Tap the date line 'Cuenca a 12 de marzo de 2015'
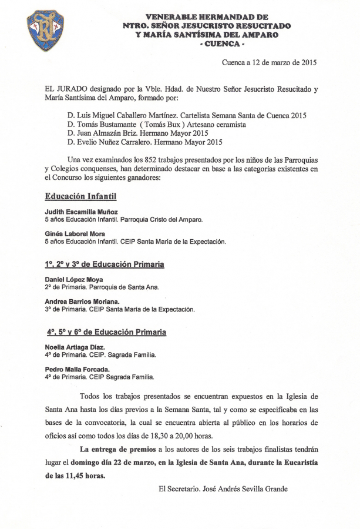pos(270,62)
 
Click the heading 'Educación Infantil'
pos(81,196)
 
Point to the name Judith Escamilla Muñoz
pos(81,212)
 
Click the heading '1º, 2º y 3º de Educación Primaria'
pos(105,264)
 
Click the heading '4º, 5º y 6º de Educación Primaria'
pos(106,333)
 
